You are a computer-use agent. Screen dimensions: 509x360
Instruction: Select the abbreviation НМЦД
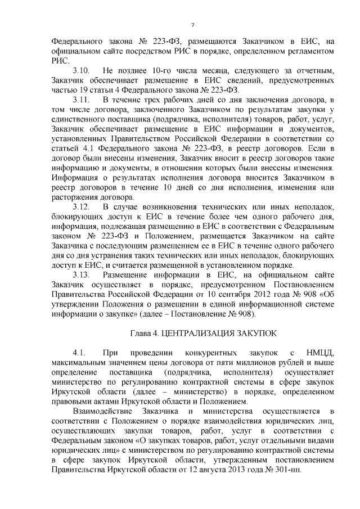click(319, 353)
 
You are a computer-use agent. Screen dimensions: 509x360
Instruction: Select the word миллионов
click(235, 363)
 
